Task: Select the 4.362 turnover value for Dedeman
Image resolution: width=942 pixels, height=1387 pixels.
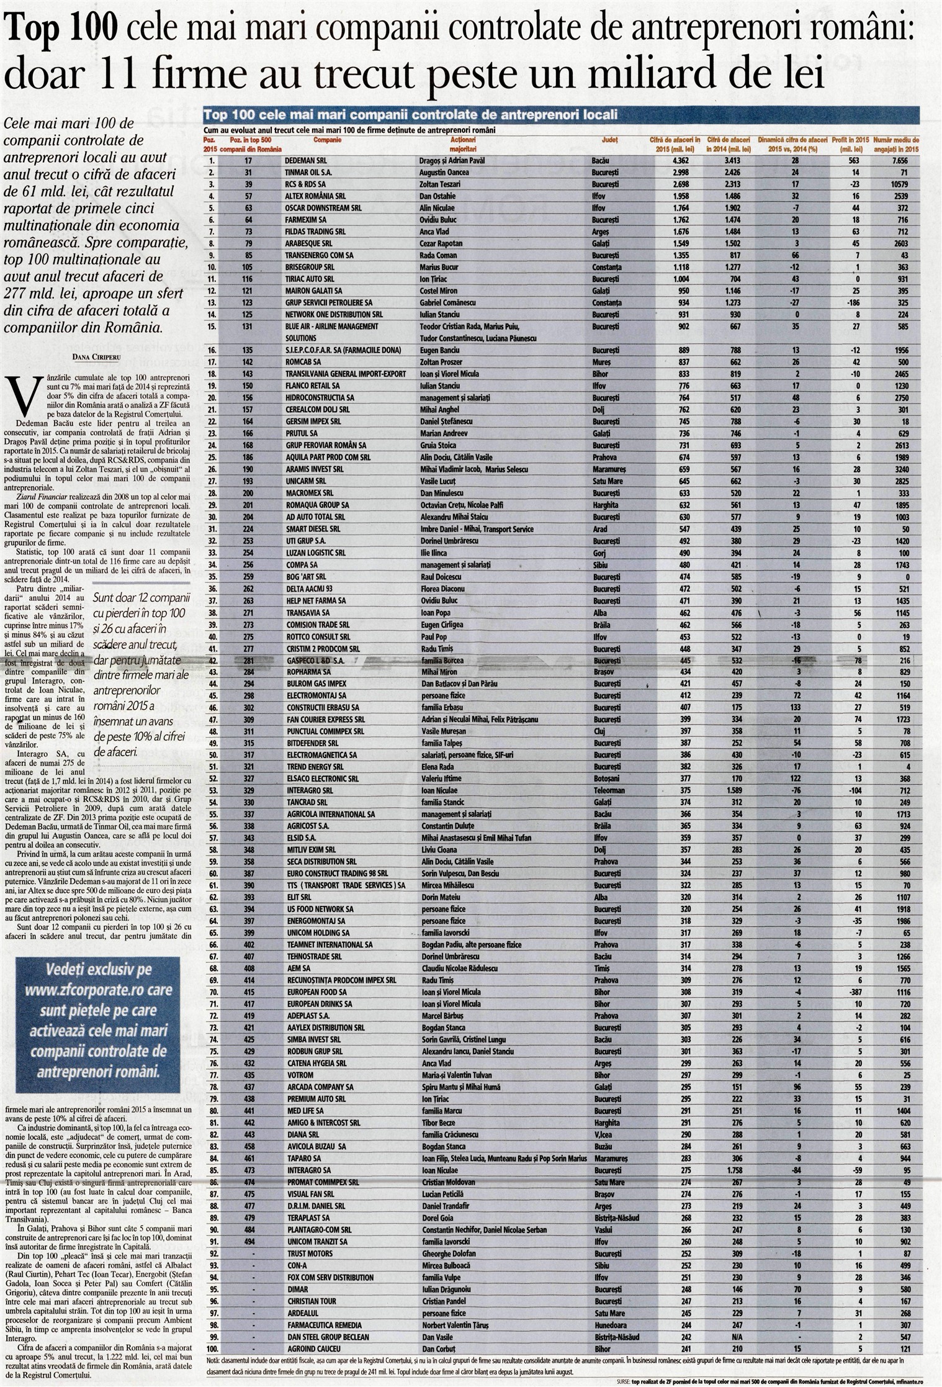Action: [x=681, y=160]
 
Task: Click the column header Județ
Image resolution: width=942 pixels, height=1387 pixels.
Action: [x=610, y=140]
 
